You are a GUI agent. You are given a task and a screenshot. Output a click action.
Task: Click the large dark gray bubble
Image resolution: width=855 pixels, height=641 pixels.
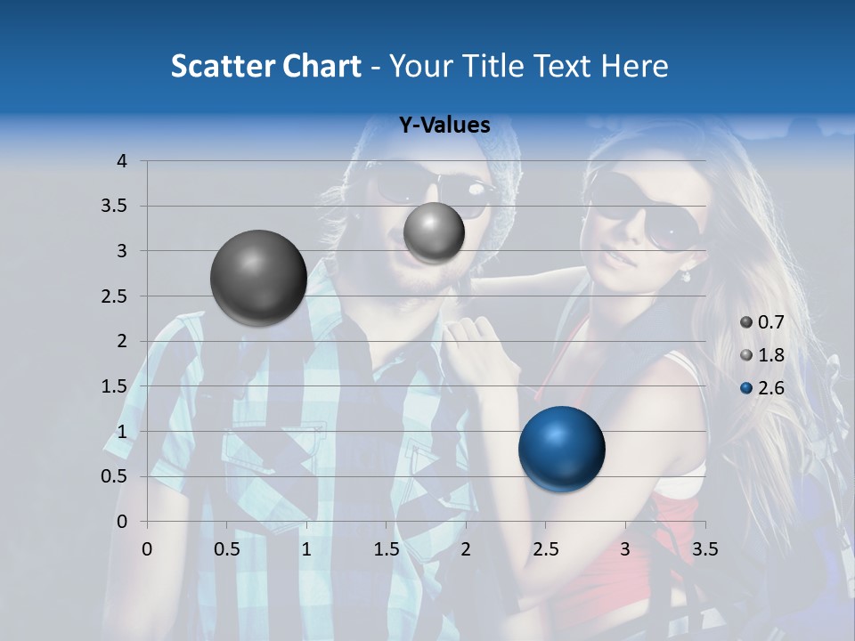[258, 278]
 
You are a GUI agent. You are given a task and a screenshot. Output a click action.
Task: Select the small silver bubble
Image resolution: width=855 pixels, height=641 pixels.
[434, 232]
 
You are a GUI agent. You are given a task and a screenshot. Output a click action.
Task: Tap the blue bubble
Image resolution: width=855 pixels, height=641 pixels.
[561, 449]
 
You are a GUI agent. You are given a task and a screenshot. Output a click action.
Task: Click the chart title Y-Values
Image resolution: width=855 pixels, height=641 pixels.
[444, 126]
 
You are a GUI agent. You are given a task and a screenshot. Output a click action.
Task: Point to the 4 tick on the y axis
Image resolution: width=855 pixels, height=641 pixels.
[121, 161]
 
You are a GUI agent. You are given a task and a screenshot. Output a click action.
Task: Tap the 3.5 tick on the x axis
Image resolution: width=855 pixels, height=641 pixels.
[704, 549]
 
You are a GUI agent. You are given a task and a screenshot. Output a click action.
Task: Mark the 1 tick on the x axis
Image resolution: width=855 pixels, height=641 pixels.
[306, 549]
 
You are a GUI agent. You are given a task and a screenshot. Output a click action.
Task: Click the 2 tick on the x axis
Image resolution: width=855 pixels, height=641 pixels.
[466, 549]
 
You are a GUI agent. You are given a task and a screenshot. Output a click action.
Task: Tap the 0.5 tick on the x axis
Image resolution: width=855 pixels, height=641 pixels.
[227, 549]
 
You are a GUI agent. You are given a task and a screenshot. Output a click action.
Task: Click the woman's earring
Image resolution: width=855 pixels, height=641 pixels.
[686, 276]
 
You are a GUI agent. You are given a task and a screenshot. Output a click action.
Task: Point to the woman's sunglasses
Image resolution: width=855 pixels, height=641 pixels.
[646, 214]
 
